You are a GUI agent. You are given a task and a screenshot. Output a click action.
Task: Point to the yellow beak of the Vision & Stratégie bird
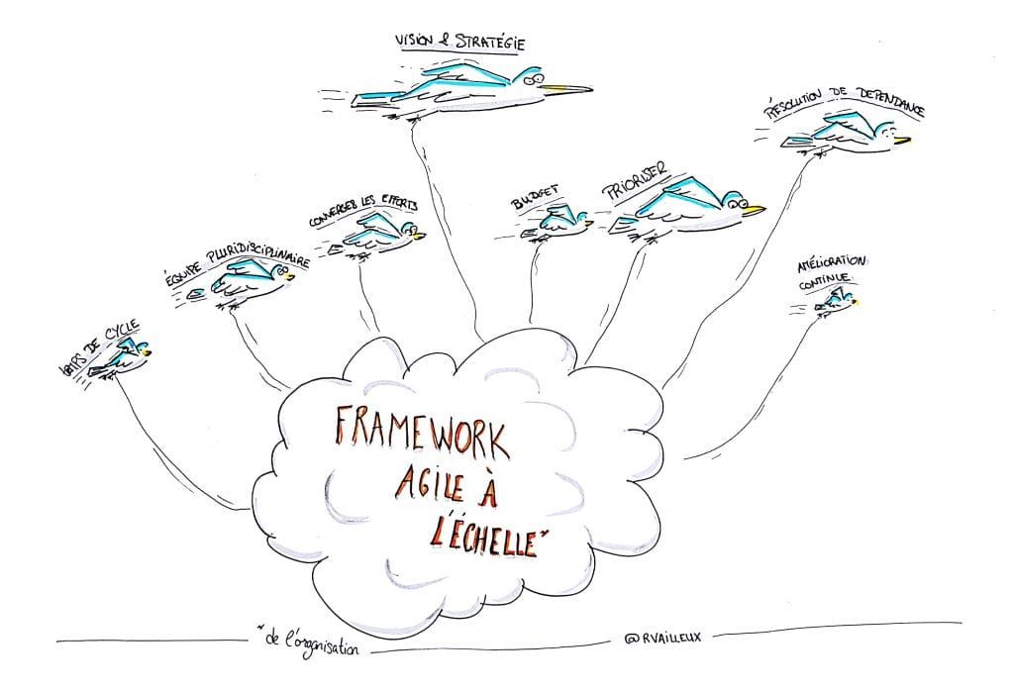pyautogui.click(x=569, y=88)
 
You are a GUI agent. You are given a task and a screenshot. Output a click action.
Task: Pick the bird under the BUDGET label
pyautogui.click(x=555, y=224)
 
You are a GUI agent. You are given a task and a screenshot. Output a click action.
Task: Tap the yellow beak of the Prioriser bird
pyautogui.click(x=754, y=209)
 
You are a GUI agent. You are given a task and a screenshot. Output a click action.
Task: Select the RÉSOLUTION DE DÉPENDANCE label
pyautogui.click(x=844, y=110)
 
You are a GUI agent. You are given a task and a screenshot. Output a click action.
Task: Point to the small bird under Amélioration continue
pyautogui.click(x=834, y=304)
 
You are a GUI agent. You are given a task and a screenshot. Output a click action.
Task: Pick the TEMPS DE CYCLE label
pyautogui.click(x=98, y=346)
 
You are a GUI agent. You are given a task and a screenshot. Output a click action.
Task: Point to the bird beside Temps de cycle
pyautogui.click(x=123, y=356)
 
